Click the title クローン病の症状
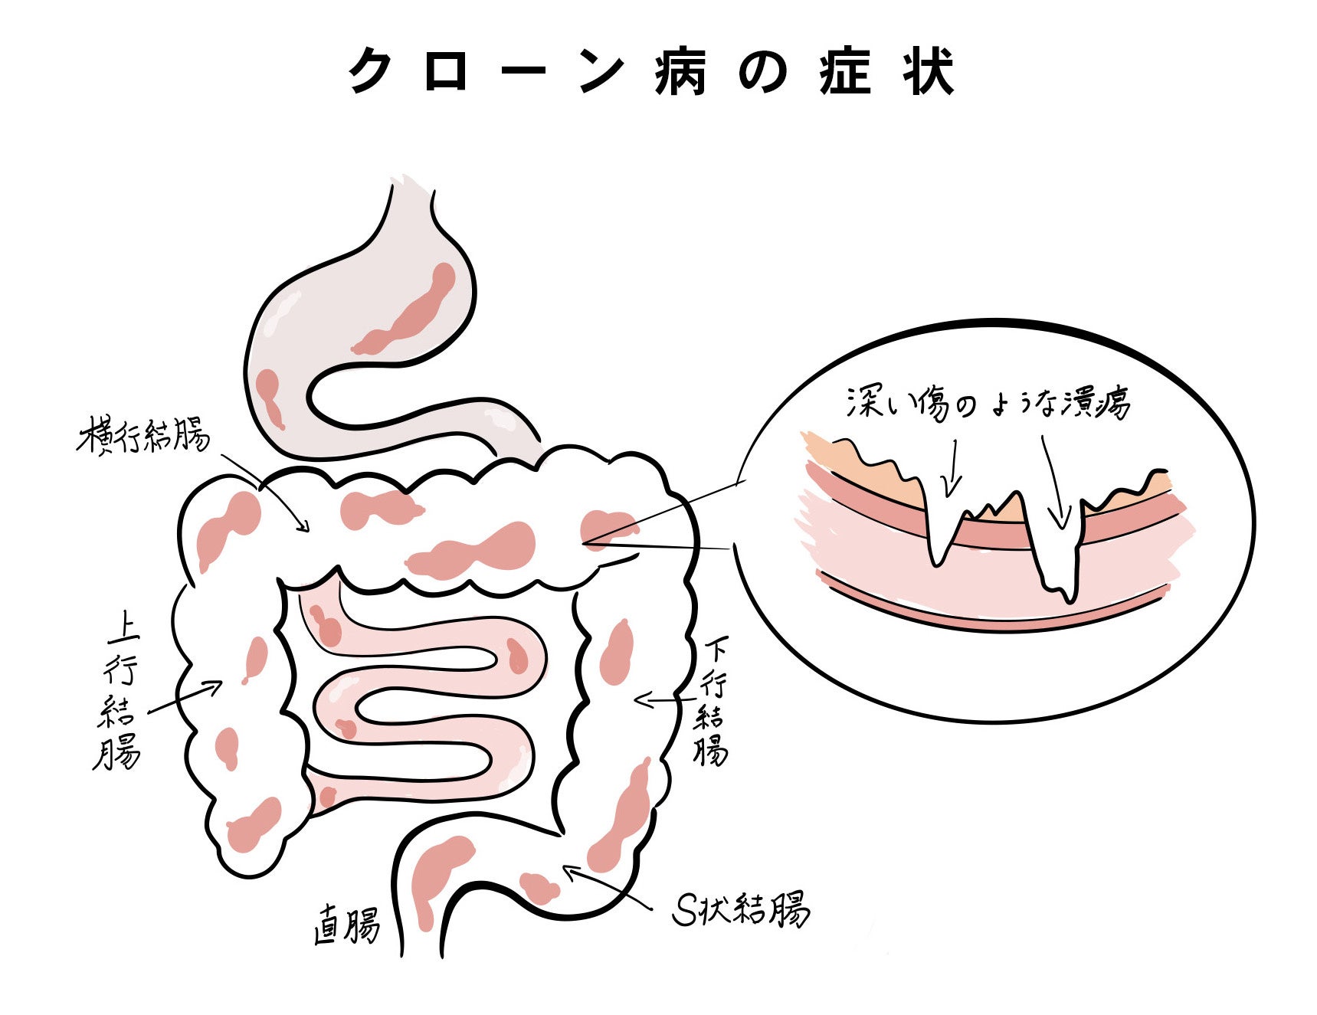coord(652,71)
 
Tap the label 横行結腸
coord(143,437)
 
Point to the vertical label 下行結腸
coord(710,699)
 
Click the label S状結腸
coord(740,909)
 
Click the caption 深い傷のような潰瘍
coord(988,402)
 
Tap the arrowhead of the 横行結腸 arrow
coord(306,528)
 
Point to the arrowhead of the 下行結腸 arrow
coord(639,699)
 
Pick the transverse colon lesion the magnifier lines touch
coord(605,527)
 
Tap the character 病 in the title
coord(680,71)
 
